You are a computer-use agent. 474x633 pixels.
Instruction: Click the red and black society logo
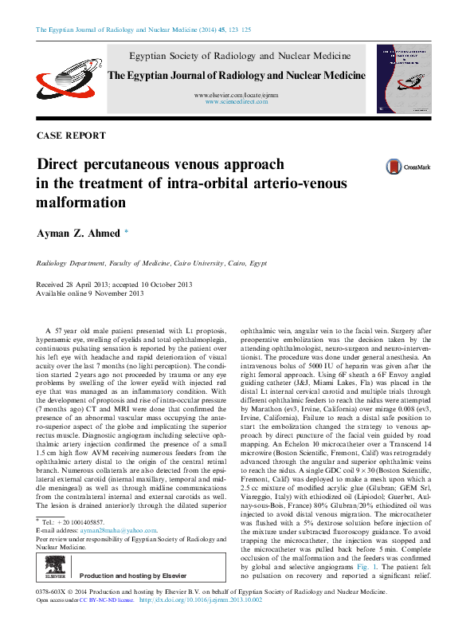coord(65,79)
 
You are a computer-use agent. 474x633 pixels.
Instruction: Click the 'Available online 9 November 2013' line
coord(90,293)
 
